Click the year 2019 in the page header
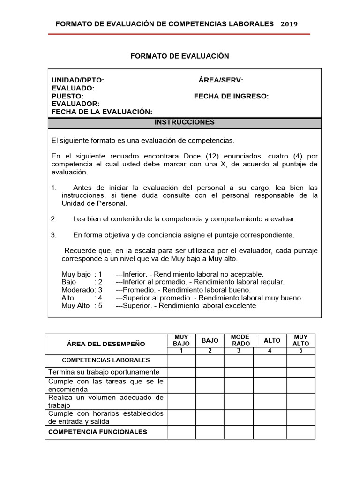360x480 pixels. click(x=289, y=24)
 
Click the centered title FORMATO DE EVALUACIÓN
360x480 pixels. click(x=180, y=56)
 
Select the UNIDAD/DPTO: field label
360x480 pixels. click(x=78, y=81)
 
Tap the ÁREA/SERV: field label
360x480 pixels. click(x=221, y=81)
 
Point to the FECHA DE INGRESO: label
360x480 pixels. click(x=231, y=96)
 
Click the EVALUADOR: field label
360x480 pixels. click(x=75, y=104)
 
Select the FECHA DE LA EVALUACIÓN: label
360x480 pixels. click(x=102, y=112)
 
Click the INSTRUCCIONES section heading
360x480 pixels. click(x=185, y=122)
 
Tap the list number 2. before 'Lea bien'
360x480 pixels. click(x=53, y=219)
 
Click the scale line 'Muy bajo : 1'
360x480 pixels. click(x=82, y=274)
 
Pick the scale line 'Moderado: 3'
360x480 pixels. click(x=82, y=290)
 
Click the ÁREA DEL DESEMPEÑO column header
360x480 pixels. click(x=106, y=344)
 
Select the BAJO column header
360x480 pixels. click(x=210, y=341)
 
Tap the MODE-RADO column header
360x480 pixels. click(x=239, y=340)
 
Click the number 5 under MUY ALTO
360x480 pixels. click(x=300, y=350)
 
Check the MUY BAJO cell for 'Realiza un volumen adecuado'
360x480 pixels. click(x=181, y=401)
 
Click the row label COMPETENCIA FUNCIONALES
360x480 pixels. click(x=98, y=432)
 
